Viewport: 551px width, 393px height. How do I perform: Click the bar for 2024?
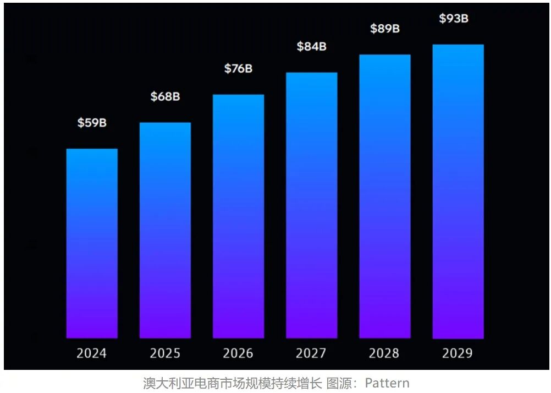92,243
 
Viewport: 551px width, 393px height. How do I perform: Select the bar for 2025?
165,230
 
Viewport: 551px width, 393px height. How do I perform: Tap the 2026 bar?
238,216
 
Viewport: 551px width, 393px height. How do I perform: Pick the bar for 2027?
311,205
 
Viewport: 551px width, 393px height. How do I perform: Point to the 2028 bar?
384,197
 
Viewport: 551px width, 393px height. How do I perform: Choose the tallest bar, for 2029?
458,192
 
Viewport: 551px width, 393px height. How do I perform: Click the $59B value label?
92,123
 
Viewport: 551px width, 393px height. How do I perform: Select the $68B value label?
165,97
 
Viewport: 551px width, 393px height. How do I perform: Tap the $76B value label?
238,69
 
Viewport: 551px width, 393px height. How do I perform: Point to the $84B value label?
311,47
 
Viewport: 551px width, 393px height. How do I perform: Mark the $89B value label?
384,29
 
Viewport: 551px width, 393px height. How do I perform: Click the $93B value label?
454,18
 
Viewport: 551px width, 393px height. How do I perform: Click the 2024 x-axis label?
91,353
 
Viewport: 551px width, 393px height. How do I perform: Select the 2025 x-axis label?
165,353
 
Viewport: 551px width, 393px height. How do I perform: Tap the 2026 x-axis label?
238,353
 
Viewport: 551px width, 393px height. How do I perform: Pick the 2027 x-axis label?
311,353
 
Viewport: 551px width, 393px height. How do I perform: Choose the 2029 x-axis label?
457,353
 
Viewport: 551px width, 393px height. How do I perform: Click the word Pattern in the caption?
387,383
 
